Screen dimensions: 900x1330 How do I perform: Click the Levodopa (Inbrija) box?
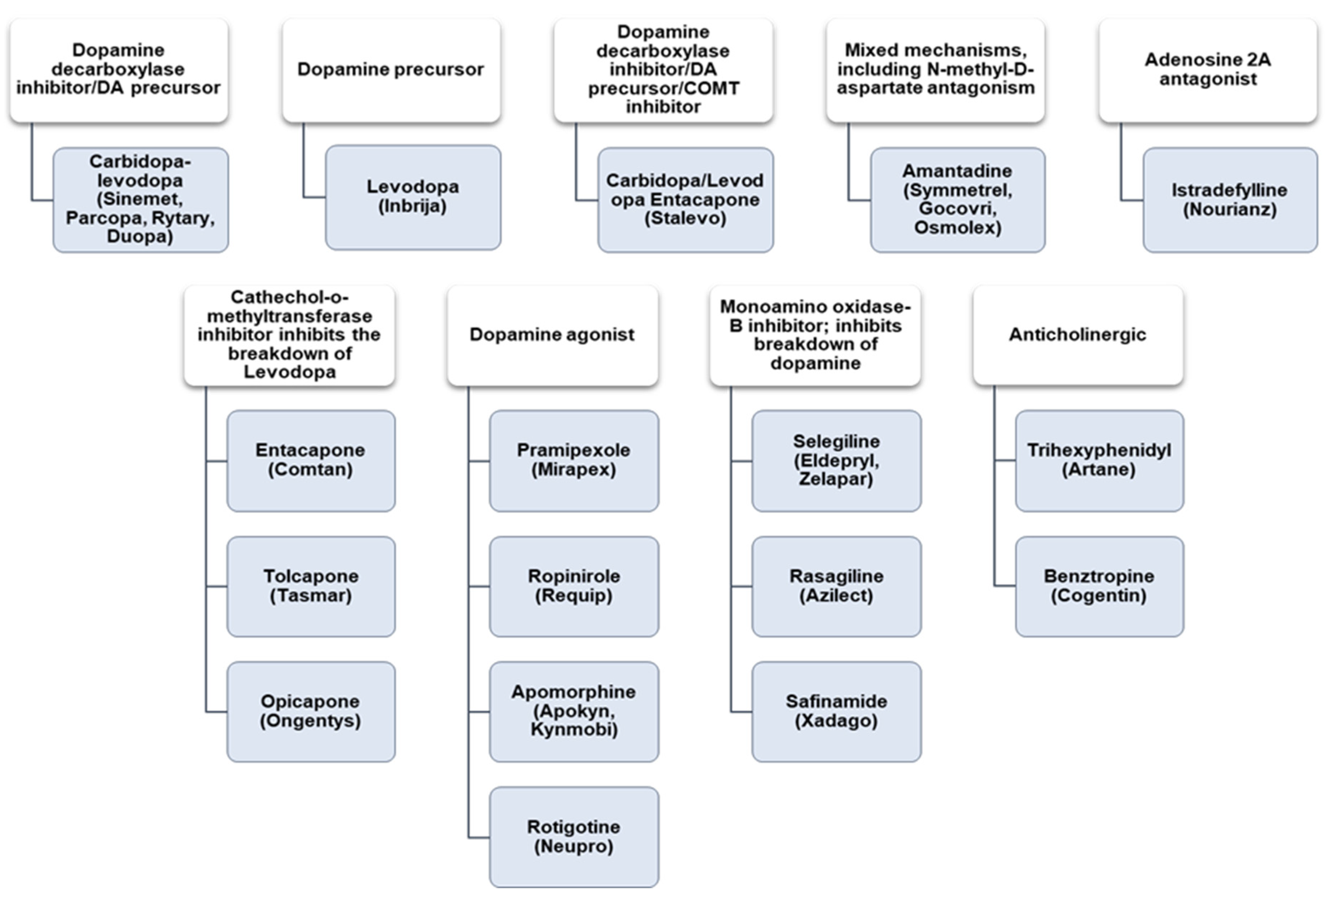tap(413, 197)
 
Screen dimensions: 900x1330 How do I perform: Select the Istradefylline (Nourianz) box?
tap(1230, 200)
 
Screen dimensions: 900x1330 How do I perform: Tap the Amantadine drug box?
tap(957, 200)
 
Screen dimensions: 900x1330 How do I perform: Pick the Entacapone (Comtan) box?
tap(311, 460)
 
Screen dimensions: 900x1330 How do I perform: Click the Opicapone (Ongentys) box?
tap(311, 712)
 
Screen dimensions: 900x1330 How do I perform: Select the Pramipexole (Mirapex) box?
tap(574, 460)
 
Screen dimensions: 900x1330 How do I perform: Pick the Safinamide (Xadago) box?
tap(836, 712)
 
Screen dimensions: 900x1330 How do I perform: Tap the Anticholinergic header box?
tap(1078, 335)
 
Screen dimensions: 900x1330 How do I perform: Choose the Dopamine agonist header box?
tap(552, 335)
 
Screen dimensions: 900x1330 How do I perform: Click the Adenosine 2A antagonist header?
tap(1207, 70)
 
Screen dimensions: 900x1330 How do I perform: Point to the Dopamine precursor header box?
tap(391, 70)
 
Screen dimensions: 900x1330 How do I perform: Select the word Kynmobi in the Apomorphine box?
tap(574, 730)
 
